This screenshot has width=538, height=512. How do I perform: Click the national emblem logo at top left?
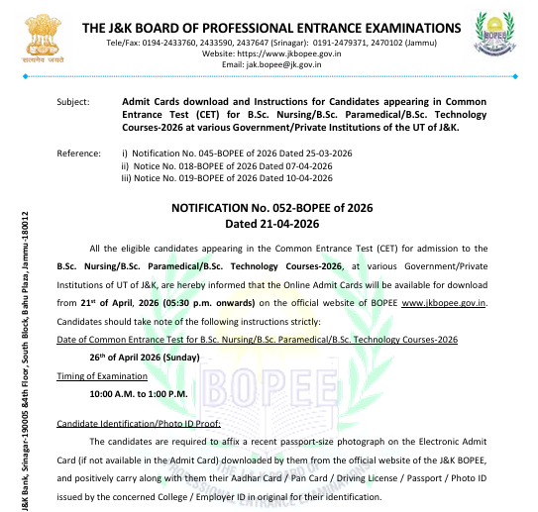38,37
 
